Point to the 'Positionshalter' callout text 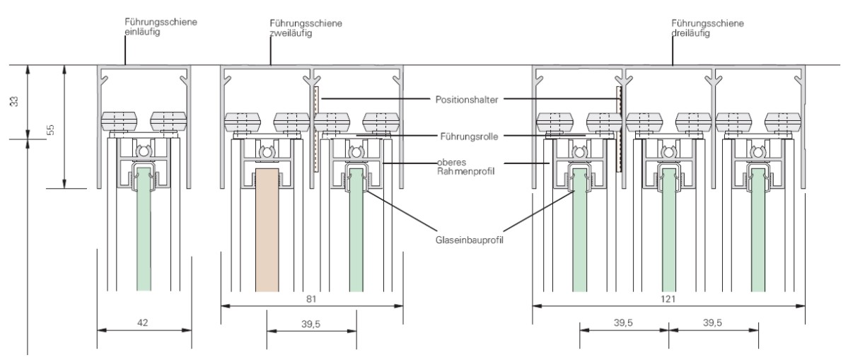[x=465, y=98]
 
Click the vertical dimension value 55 [x=50, y=129]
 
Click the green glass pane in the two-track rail [x=356, y=233]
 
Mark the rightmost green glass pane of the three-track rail [x=757, y=233]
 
